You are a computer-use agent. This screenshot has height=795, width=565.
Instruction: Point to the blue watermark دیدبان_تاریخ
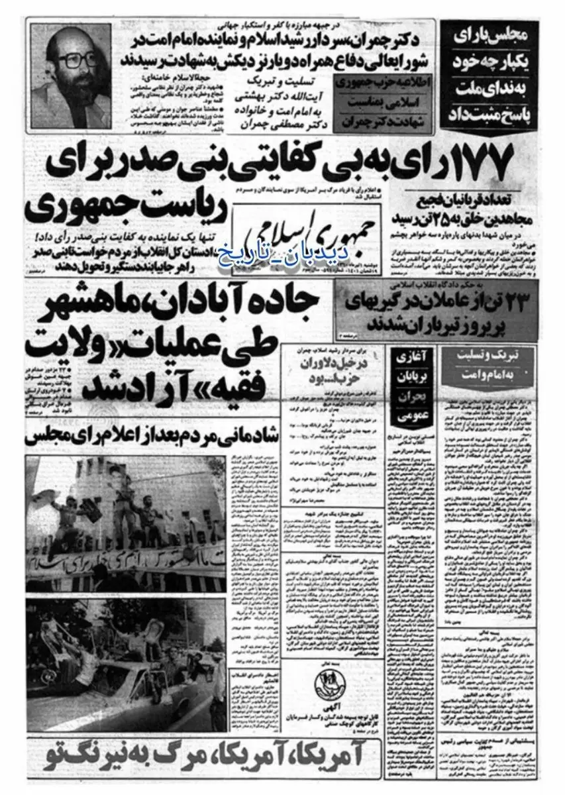tap(289, 254)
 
